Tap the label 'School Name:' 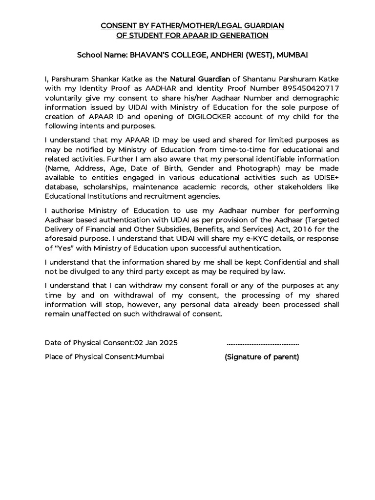click(102, 56)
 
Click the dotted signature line click(263, 343)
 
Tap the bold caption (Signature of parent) click(262, 357)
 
